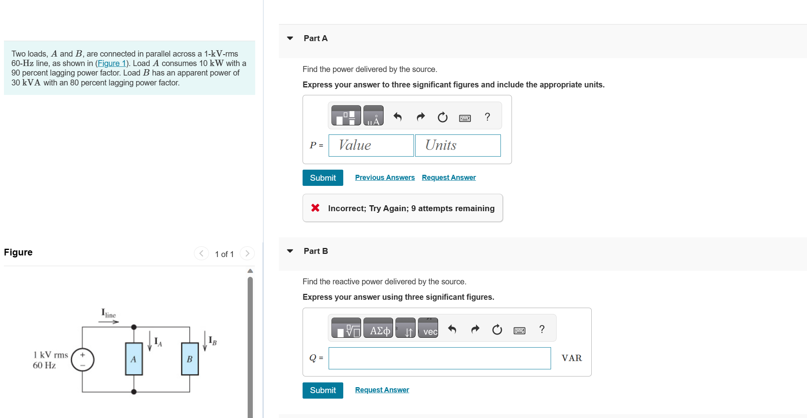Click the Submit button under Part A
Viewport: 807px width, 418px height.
pyautogui.click(x=322, y=178)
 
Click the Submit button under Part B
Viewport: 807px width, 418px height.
pyautogui.click(x=322, y=390)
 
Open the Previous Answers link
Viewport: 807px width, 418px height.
pyautogui.click(x=384, y=178)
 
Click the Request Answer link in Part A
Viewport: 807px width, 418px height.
pyautogui.click(x=448, y=178)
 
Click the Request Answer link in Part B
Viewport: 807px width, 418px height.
pyautogui.click(x=382, y=390)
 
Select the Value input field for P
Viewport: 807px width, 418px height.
pyautogui.click(x=371, y=146)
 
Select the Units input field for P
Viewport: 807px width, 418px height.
pyautogui.click(x=457, y=146)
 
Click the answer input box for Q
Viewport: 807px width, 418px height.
pyautogui.click(x=439, y=358)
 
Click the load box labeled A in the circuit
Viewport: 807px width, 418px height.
pyautogui.click(x=134, y=359)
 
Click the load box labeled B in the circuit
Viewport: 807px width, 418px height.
pyautogui.click(x=190, y=359)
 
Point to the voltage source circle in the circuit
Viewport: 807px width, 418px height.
pyautogui.click(x=83, y=360)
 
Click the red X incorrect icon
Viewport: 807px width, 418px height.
pyautogui.click(x=315, y=208)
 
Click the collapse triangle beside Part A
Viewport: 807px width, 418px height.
pyautogui.click(x=290, y=38)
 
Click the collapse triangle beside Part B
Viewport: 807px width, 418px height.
pyautogui.click(x=290, y=251)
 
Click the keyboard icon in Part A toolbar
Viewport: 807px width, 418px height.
pyautogui.click(x=465, y=117)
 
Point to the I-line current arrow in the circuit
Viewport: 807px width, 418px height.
pyautogui.click(x=109, y=322)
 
